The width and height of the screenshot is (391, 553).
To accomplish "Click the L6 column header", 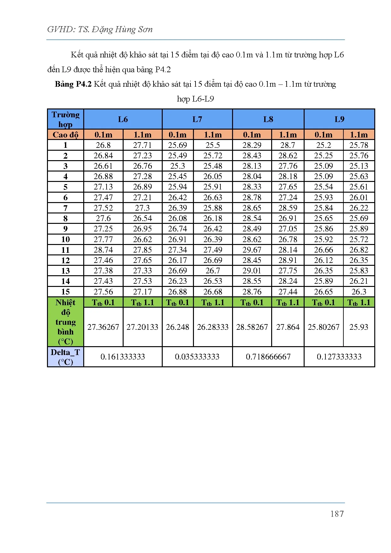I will coord(123,119).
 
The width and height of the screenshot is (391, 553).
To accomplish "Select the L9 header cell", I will coord(339,119).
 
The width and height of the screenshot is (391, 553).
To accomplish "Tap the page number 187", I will coord(337,514).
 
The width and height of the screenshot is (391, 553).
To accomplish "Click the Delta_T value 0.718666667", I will coord(268,357).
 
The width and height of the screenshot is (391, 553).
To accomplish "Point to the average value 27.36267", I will coord(103,327).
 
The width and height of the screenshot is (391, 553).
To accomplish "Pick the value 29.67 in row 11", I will coord(252,250).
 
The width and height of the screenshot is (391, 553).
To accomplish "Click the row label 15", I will coord(65,292).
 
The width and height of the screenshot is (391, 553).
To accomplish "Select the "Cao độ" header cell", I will coord(65,135).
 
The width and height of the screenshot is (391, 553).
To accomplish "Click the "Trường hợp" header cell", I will coord(65,119).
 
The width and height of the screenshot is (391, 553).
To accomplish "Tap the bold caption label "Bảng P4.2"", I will coord(73,84).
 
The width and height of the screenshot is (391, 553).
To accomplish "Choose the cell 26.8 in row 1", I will coord(103,145).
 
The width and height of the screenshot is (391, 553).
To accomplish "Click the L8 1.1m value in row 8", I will coord(288,218).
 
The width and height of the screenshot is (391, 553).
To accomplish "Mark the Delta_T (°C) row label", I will coord(65,357).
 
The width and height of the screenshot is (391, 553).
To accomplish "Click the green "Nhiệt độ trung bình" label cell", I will coord(65,322).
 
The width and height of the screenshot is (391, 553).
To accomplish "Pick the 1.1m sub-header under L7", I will coord(213,135).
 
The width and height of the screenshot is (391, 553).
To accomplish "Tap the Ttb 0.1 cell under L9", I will coord(324,303).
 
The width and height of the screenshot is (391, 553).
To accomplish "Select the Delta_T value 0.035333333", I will coord(197,357).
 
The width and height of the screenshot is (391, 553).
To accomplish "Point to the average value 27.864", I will coord(288,327).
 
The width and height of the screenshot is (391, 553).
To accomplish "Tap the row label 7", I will coord(65,208).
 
